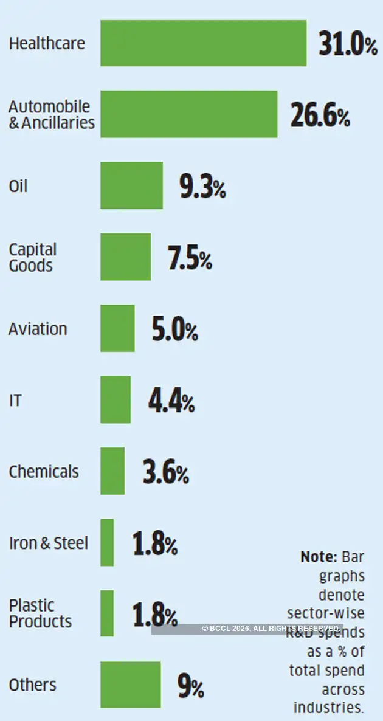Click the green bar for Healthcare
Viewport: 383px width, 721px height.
click(203, 43)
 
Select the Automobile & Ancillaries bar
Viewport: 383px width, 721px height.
click(188, 114)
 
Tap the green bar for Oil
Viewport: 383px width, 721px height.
click(131, 185)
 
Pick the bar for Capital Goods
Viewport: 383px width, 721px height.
click(125, 257)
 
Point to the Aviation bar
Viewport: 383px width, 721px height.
click(117, 328)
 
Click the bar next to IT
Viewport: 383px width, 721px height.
click(116, 399)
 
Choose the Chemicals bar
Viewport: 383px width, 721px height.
click(112, 471)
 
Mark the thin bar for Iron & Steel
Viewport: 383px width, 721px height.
click(107, 542)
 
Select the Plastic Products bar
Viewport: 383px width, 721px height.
click(107, 613)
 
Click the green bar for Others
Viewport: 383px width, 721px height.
click(131, 685)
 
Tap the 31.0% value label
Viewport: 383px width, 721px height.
click(348, 44)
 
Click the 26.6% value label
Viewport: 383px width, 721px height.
click(320, 116)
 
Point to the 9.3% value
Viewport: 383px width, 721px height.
click(202, 187)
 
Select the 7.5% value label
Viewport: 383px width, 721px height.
click(190, 258)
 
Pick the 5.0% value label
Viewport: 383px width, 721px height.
click(174, 330)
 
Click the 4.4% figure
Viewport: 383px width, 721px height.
click(171, 401)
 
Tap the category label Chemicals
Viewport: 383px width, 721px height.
click(44, 472)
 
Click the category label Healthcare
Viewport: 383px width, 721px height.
click(47, 44)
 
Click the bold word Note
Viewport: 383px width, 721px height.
click(319, 556)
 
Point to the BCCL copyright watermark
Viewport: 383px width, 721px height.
click(271, 629)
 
